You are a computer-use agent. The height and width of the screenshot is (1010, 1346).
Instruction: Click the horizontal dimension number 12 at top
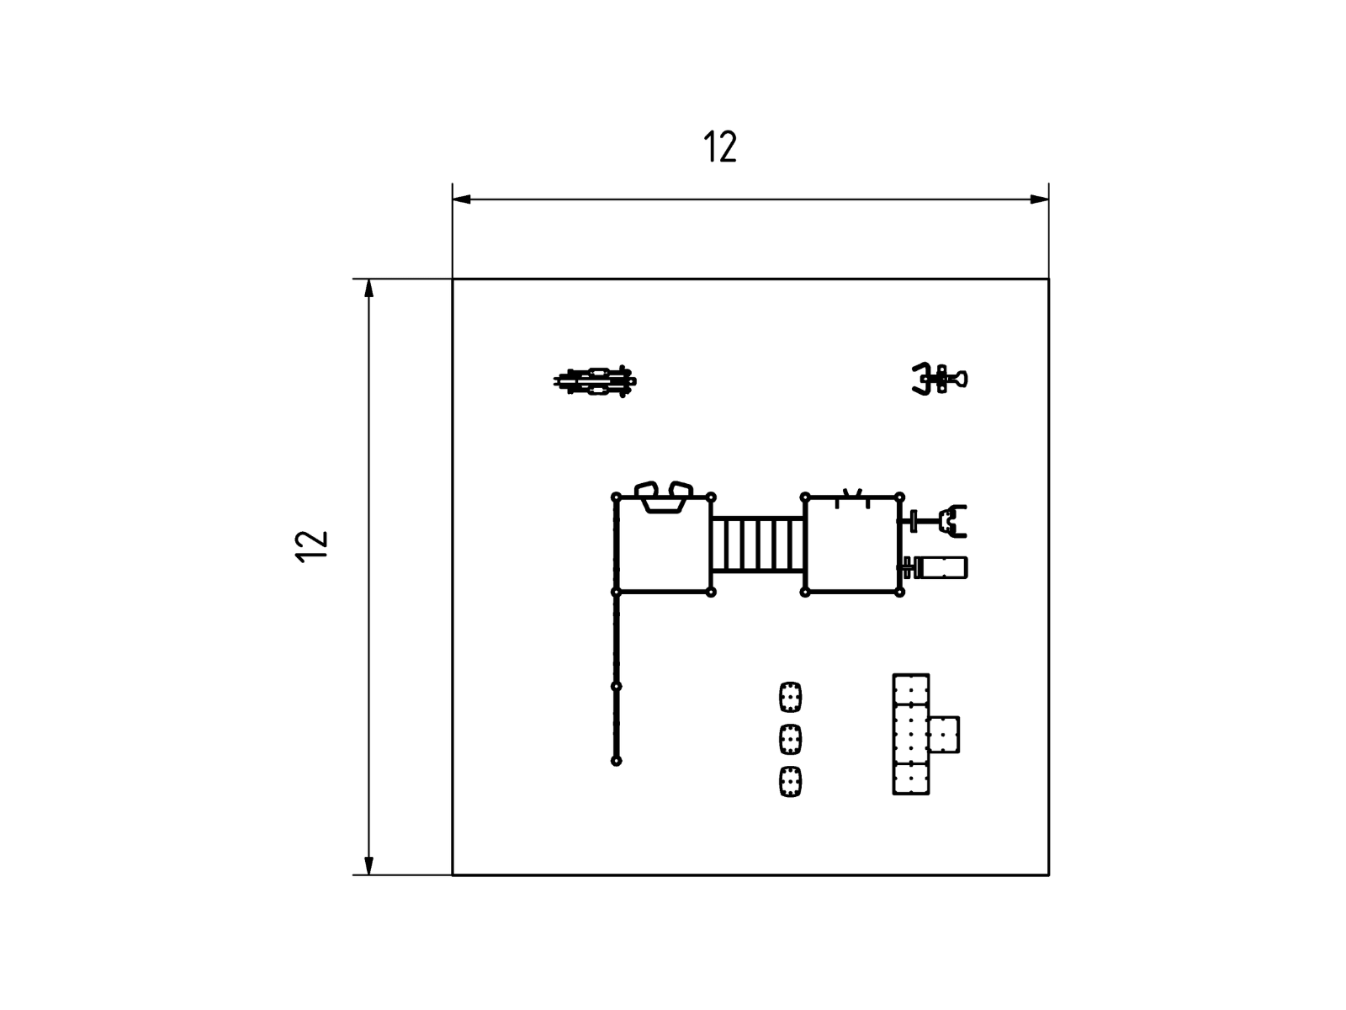click(719, 146)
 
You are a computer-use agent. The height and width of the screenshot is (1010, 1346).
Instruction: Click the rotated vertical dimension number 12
click(311, 546)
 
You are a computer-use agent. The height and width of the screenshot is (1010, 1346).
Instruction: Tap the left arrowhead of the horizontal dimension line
click(461, 199)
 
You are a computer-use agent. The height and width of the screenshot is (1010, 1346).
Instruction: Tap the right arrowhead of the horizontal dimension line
click(1040, 199)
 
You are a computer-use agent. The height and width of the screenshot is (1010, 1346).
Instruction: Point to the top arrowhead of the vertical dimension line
click(368, 288)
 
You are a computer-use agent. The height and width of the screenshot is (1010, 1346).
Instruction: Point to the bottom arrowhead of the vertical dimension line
click(368, 865)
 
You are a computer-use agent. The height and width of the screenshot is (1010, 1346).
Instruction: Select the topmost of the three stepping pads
click(791, 697)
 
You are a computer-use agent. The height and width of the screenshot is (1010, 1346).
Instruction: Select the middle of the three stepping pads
click(791, 740)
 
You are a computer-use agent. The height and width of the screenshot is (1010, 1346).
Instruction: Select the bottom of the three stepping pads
click(791, 782)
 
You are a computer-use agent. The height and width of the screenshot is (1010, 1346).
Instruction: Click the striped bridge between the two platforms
click(758, 545)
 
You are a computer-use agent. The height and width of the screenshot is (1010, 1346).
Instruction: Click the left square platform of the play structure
click(664, 545)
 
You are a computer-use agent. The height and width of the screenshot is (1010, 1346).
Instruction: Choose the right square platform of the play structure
click(852, 545)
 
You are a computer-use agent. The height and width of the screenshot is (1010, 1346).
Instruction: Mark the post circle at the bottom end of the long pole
click(617, 761)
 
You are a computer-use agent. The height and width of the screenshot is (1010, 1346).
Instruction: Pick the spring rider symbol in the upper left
click(595, 380)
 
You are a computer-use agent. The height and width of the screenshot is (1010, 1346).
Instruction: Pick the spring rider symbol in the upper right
click(940, 379)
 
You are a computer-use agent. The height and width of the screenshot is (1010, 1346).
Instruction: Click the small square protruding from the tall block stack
click(944, 735)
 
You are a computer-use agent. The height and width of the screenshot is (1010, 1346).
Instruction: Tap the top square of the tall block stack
click(911, 689)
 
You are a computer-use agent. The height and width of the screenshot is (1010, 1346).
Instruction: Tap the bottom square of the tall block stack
click(911, 779)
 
